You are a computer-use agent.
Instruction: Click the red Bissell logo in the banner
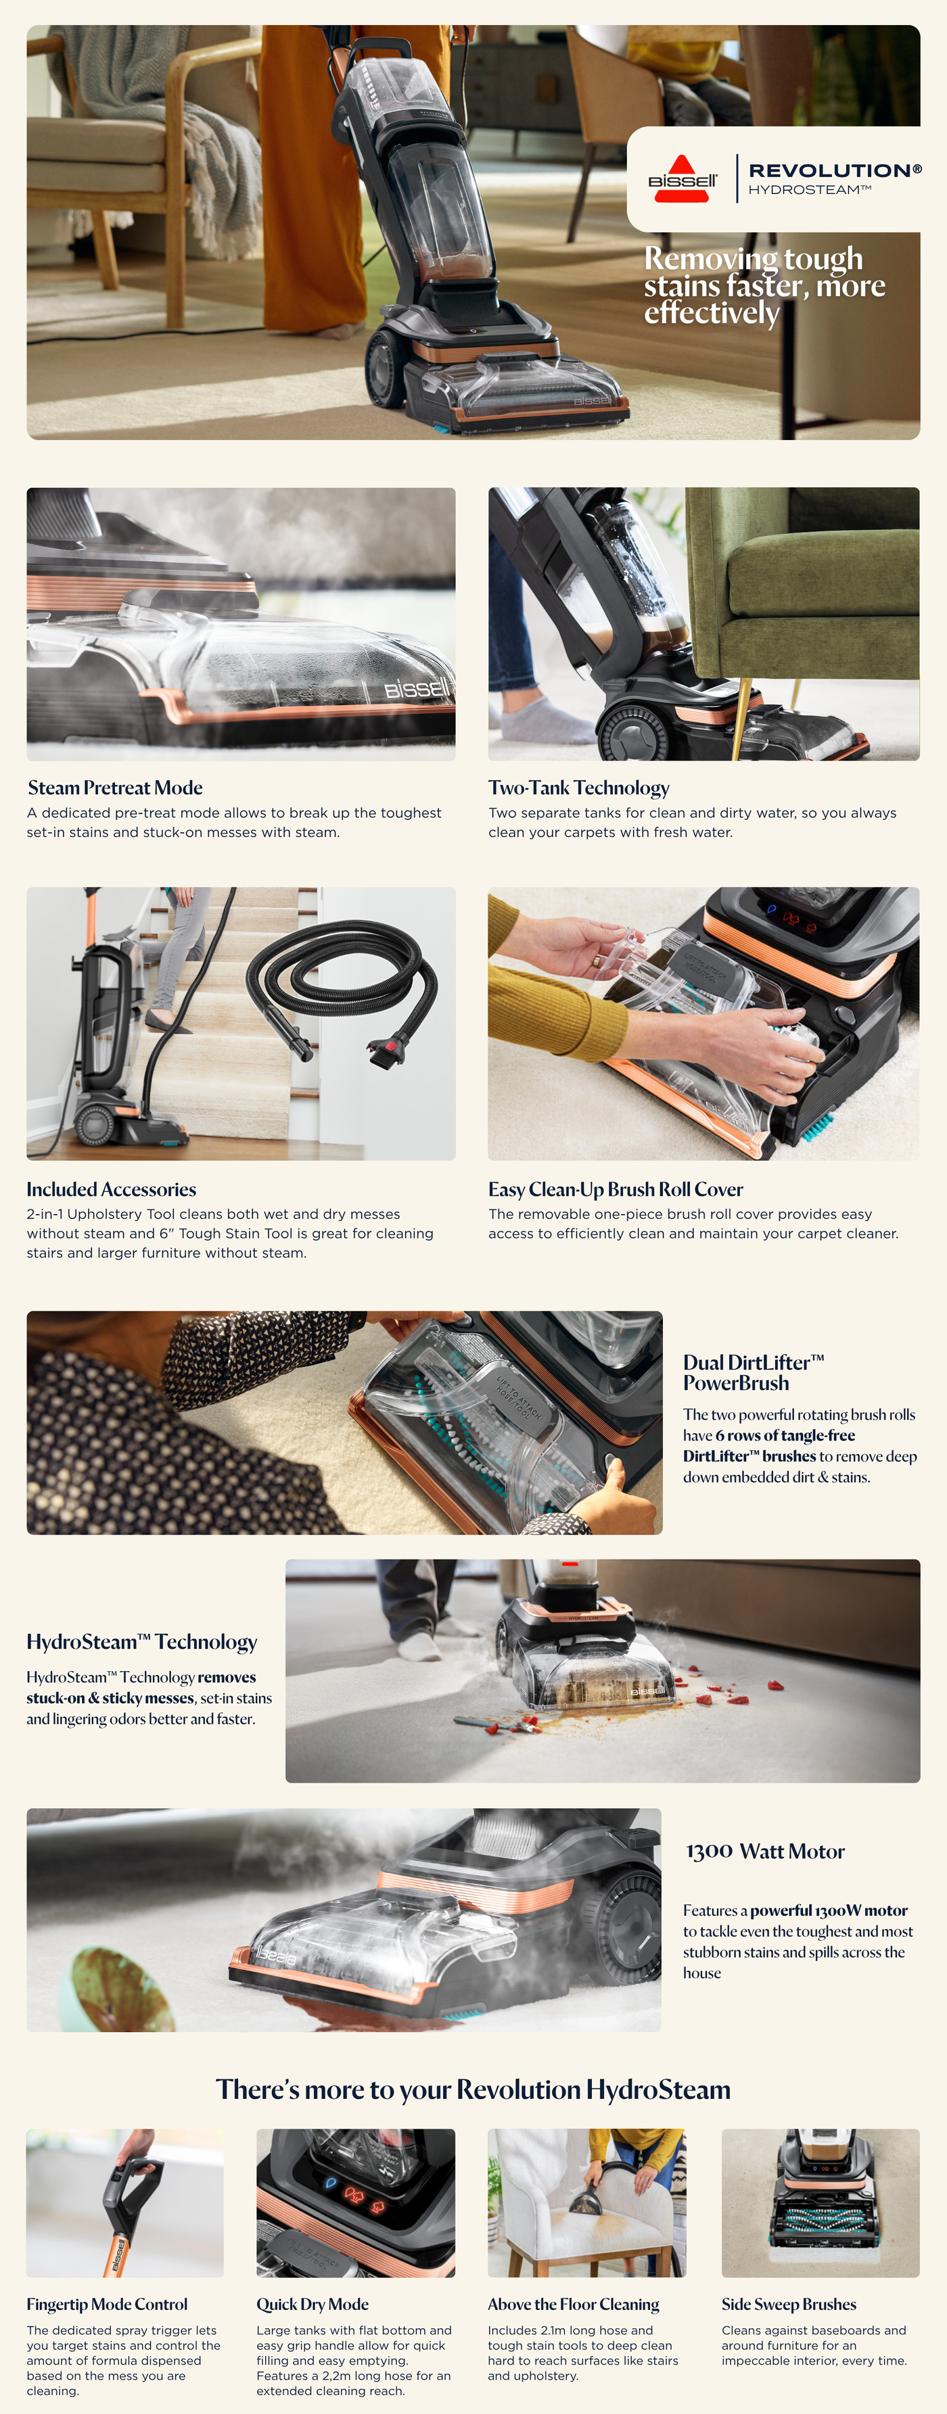[x=683, y=178]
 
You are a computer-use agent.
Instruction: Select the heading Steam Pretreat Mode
[x=115, y=787]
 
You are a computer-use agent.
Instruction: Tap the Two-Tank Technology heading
[x=578, y=787]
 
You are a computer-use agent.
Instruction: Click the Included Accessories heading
[x=112, y=1188]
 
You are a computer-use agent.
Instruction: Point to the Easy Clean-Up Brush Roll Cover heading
[x=615, y=1188]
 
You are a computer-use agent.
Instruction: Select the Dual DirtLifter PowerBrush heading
[x=753, y=1372]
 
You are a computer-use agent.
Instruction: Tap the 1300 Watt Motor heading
[x=765, y=1851]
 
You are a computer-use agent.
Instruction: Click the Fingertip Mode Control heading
[x=107, y=2303]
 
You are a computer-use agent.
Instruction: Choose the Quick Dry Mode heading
[x=313, y=2303]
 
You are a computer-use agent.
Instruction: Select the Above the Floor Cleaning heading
[x=573, y=2303]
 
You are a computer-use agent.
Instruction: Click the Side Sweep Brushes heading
[x=789, y=2303]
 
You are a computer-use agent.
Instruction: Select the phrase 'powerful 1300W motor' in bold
[x=829, y=1910]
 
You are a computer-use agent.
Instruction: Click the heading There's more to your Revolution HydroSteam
[x=473, y=2089]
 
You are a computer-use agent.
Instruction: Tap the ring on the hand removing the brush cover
[x=597, y=961]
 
